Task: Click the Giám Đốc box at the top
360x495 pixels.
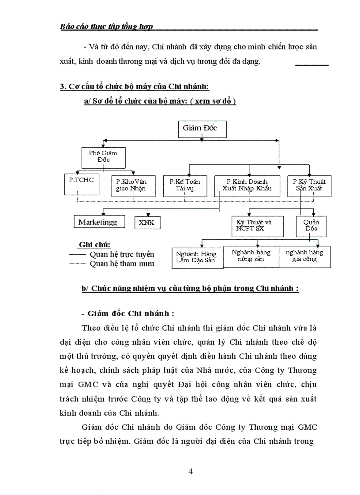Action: (x=202, y=128)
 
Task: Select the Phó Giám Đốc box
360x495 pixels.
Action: (x=103, y=156)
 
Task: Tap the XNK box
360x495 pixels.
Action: (x=147, y=223)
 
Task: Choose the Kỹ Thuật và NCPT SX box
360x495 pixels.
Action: (x=254, y=226)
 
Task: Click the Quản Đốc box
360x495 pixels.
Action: (x=311, y=226)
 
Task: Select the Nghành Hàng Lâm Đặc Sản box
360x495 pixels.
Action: (x=196, y=257)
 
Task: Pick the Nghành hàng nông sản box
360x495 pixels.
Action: (x=251, y=256)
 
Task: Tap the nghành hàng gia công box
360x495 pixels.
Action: (x=304, y=256)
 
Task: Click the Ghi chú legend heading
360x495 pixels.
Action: (x=94, y=245)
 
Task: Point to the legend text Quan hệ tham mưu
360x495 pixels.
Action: (x=122, y=264)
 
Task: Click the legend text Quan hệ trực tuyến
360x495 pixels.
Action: (x=122, y=254)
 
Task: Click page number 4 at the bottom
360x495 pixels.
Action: (x=191, y=471)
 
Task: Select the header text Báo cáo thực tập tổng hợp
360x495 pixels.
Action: (x=106, y=27)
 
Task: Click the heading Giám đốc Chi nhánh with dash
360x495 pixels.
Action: (x=128, y=313)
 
